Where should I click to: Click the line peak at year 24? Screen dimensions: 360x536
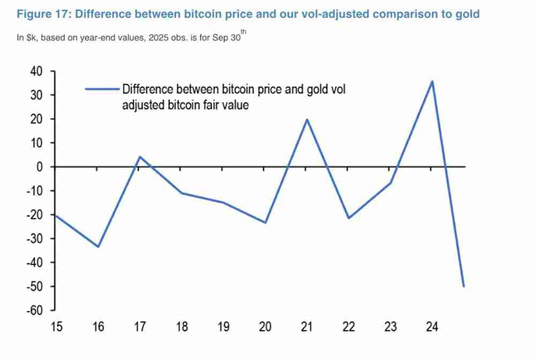tap(432, 81)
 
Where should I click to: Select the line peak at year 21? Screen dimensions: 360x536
tap(307, 119)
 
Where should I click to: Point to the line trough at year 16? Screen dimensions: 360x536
tap(98, 246)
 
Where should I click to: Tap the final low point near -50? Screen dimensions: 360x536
tap(464, 286)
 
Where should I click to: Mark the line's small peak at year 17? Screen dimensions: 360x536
tap(139, 157)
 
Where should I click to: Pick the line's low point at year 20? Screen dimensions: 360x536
tap(265, 222)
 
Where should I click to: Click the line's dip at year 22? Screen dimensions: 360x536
tap(348, 218)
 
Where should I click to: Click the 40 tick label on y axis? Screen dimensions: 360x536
tap(35, 71)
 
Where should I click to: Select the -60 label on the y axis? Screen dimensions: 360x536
tap(34, 310)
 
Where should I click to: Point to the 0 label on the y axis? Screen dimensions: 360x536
tap(39, 167)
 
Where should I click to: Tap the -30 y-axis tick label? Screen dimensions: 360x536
tap(34, 238)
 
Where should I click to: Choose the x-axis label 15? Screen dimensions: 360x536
tap(56, 327)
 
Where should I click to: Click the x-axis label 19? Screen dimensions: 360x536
tap(223, 327)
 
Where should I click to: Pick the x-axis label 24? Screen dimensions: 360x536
tap(432, 327)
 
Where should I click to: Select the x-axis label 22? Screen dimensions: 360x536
tap(348, 327)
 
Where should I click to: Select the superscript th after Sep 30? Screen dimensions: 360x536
tap(244, 32)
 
